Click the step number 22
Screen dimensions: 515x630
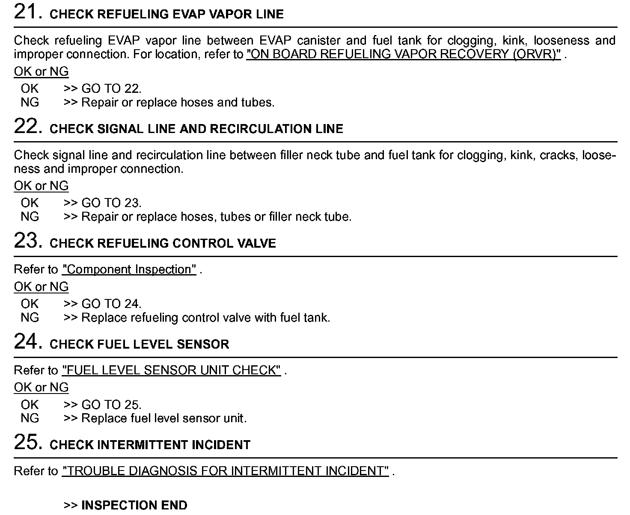tap(27, 127)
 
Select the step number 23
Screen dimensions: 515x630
tap(27, 241)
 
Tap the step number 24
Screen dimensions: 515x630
tap(27, 342)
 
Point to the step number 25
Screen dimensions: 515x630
tap(27, 442)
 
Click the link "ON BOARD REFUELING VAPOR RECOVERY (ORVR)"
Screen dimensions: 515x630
tap(403, 54)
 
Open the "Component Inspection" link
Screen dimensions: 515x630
tap(129, 269)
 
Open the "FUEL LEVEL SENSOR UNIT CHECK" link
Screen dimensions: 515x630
tap(171, 370)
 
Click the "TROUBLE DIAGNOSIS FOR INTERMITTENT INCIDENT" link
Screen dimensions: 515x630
tap(225, 471)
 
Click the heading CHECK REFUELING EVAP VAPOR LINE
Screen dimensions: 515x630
tap(166, 15)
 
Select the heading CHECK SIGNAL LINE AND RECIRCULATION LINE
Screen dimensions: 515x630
tap(196, 129)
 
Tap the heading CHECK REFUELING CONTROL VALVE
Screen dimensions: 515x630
tap(163, 243)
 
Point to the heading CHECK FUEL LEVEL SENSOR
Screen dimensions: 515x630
tap(139, 344)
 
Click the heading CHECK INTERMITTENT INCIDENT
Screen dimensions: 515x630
tap(150, 445)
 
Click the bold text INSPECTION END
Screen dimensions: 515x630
tap(134, 505)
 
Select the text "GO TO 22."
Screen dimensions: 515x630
tap(111, 89)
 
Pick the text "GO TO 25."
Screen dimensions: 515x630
tap(111, 405)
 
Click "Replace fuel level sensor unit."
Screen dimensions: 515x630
tap(164, 418)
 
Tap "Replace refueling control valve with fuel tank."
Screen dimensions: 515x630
tap(205, 318)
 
